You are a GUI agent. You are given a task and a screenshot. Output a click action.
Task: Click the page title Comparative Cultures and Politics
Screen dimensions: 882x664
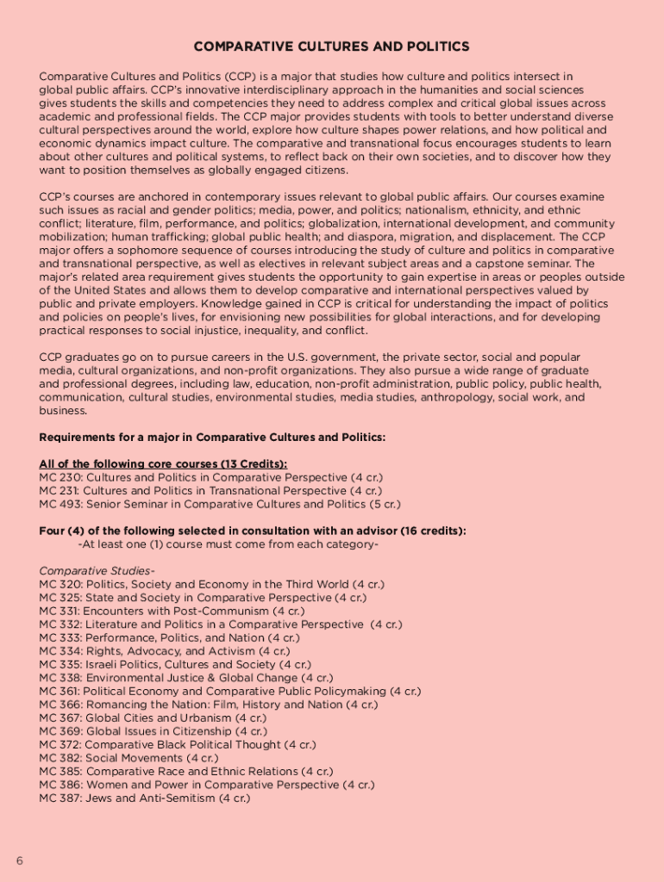(x=331, y=47)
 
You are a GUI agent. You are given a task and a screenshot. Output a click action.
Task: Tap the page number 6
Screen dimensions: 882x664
(x=18, y=860)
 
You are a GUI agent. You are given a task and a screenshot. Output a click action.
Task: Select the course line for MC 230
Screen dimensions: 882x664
(x=210, y=477)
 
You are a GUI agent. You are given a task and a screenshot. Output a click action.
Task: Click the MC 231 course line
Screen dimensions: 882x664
(x=210, y=491)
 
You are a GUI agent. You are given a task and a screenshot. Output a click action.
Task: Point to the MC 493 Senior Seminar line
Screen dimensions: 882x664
(x=220, y=504)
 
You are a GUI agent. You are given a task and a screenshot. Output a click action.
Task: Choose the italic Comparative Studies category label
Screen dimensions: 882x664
(x=97, y=571)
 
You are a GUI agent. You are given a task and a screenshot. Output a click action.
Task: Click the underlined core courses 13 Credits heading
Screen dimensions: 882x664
(x=163, y=464)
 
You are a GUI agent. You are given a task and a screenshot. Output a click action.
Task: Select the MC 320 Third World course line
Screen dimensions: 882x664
(x=211, y=584)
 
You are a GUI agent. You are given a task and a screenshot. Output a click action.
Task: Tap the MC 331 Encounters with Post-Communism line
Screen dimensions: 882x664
(x=172, y=611)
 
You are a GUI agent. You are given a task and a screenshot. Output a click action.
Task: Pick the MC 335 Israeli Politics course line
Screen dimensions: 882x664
(x=175, y=664)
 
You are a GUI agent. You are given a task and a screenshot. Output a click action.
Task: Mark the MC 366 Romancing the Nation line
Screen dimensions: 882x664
(x=208, y=705)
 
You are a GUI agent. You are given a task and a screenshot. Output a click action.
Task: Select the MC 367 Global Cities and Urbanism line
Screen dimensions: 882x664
(x=153, y=717)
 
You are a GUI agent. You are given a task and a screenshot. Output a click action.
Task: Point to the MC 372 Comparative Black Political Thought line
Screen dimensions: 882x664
(x=178, y=744)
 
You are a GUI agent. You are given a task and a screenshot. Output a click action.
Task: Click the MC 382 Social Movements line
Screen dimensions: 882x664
(x=128, y=758)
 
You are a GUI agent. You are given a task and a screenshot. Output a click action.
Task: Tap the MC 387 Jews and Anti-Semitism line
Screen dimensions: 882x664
(x=144, y=798)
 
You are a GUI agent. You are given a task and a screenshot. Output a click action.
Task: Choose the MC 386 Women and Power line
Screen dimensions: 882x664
(x=207, y=785)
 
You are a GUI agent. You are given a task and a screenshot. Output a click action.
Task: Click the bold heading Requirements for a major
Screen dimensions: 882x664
(x=212, y=438)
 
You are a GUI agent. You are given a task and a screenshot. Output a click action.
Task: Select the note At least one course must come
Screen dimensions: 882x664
(x=228, y=544)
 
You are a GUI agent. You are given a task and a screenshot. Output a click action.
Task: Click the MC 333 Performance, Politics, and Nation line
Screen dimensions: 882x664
(x=169, y=637)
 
